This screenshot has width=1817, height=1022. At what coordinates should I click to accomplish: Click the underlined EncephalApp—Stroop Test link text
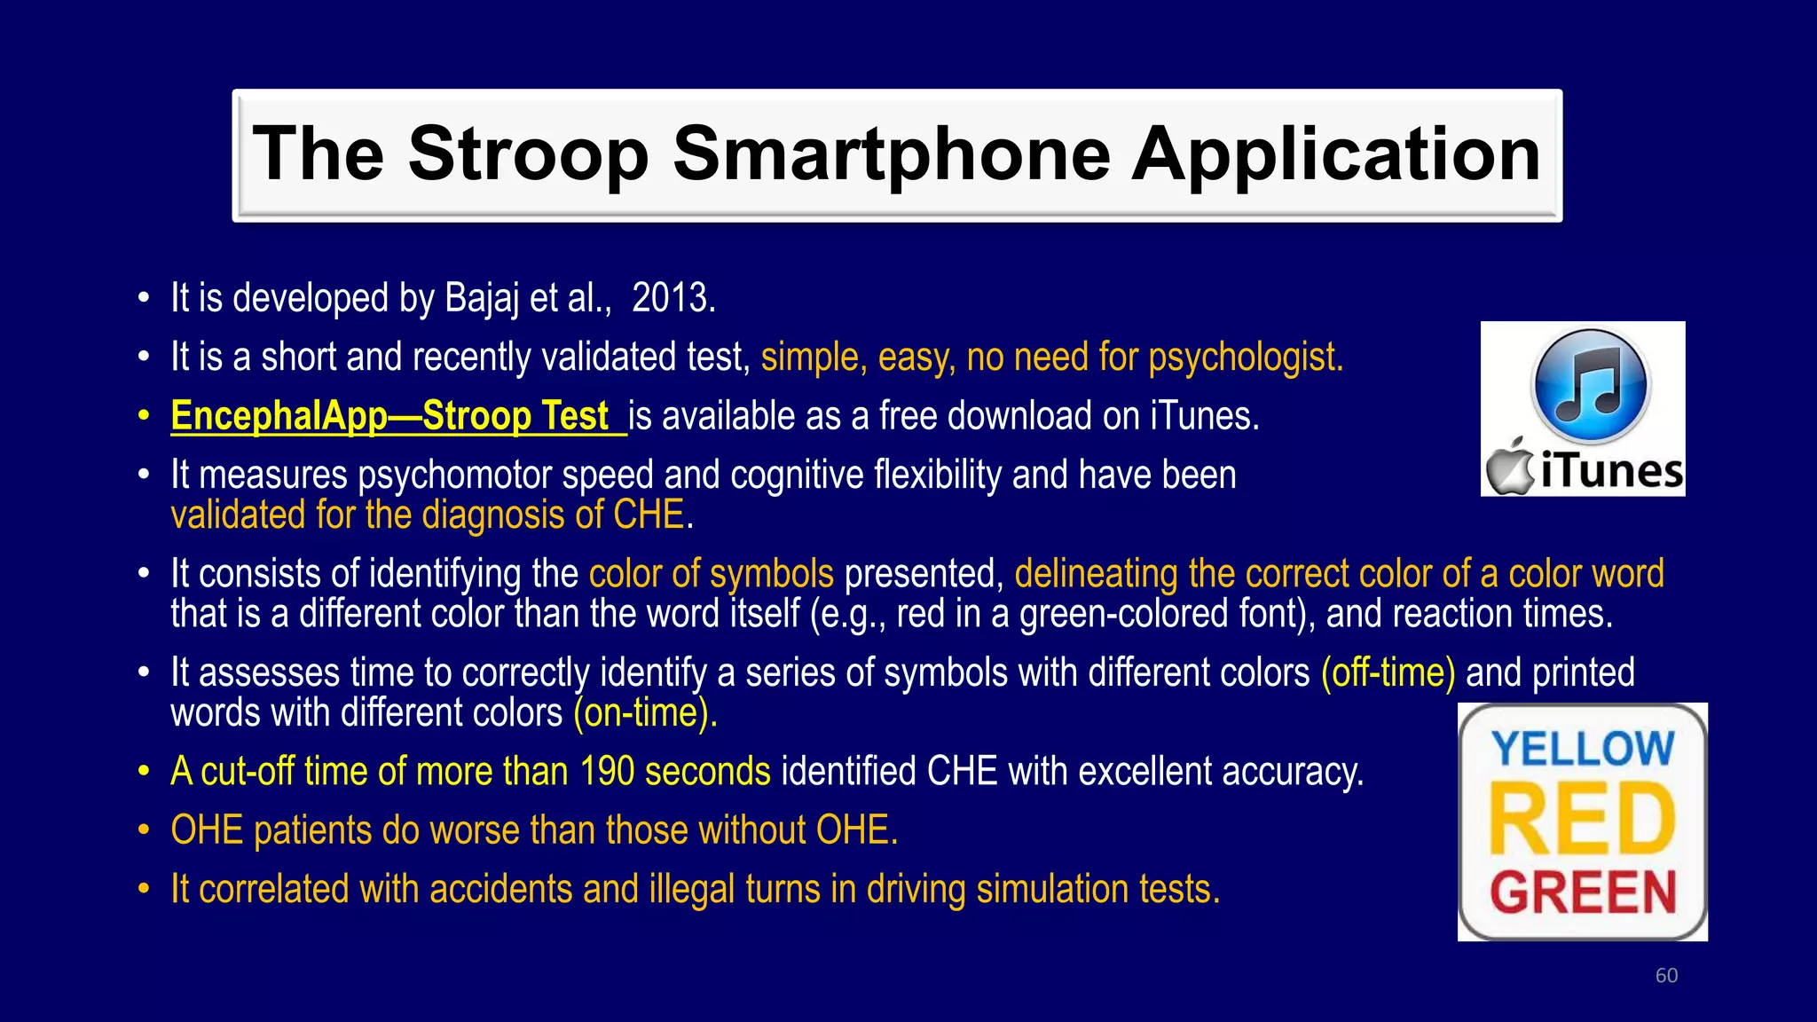tap(390, 416)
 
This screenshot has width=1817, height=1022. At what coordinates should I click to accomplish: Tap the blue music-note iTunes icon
tap(1590, 386)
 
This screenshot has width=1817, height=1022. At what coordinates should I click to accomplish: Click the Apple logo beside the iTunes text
tap(1511, 468)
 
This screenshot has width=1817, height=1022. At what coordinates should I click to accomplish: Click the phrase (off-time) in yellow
tap(1388, 672)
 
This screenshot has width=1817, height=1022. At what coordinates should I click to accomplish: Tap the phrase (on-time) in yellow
tap(643, 712)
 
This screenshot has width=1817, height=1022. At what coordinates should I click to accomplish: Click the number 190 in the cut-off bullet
tap(607, 771)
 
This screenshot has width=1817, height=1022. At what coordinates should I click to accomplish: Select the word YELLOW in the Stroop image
tap(1583, 749)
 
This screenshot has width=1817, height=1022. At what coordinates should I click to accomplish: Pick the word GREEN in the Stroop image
tap(1583, 892)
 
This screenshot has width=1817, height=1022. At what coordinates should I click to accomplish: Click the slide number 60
tap(1666, 976)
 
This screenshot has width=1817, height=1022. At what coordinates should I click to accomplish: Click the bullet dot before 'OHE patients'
tap(144, 831)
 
